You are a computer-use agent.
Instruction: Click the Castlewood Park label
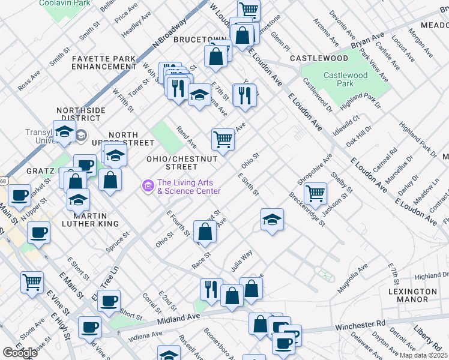click(345, 79)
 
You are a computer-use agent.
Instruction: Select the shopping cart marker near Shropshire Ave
click(315, 193)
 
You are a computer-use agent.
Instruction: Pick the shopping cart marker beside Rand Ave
click(223, 139)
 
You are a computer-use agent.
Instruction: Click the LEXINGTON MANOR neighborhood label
click(412, 295)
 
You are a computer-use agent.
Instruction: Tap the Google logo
click(20, 353)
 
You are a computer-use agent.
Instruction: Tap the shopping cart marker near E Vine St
click(32, 281)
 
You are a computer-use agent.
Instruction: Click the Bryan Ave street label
click(367, 40)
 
